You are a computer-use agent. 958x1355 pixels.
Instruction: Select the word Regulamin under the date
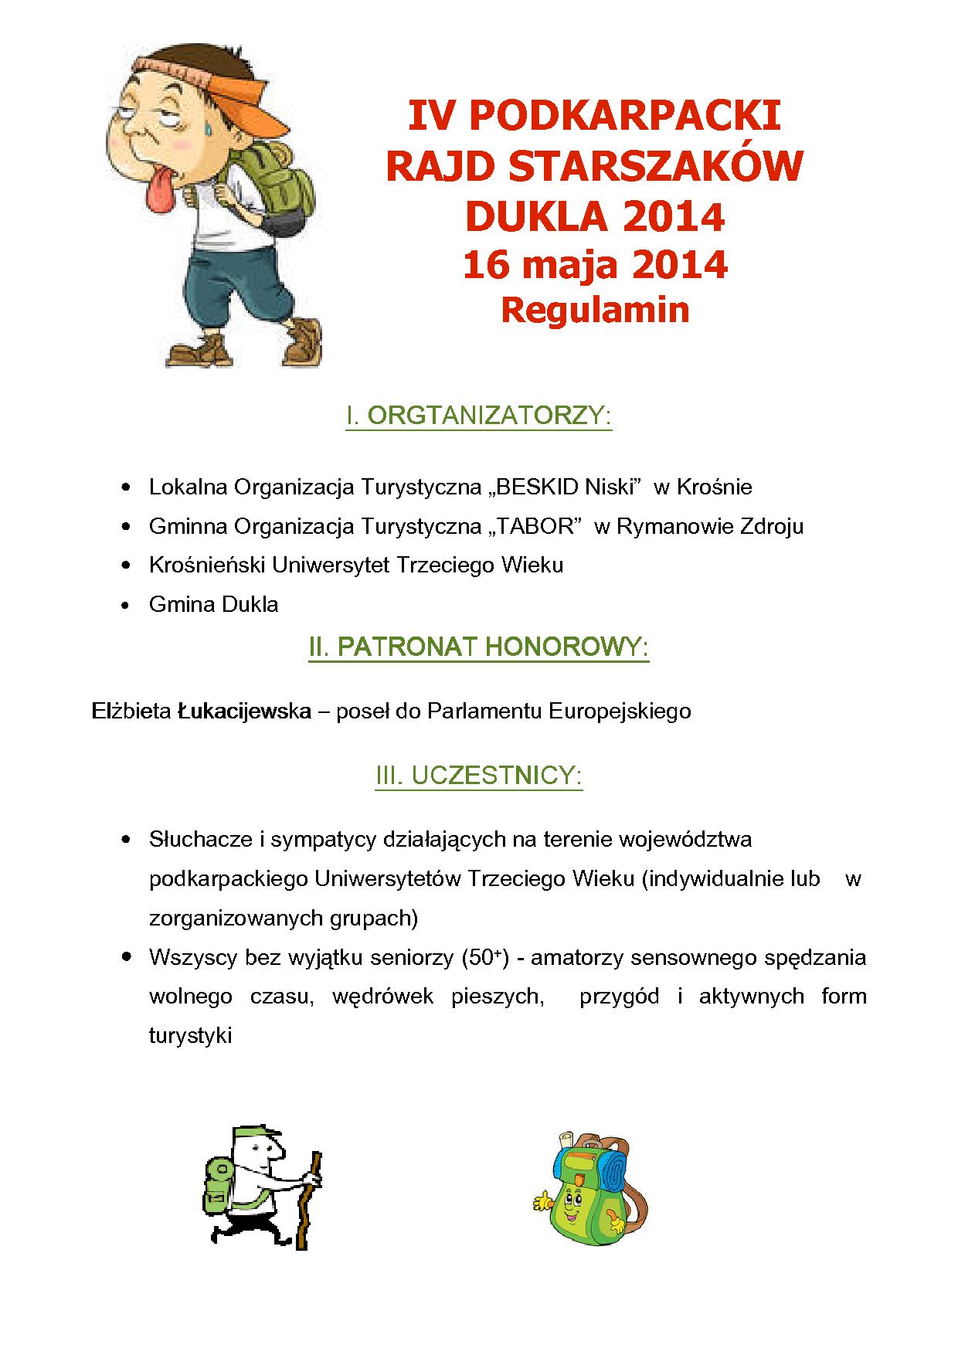pyautogui.click(x=595, y=310)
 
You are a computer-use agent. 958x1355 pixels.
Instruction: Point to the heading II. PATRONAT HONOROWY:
pyautogui.click(x=479, y=647)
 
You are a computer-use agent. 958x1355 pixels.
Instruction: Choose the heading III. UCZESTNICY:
pyautogui.click(x=479, y=776)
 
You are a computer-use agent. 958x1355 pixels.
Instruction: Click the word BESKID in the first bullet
pyautogui.click(x=540, y=487)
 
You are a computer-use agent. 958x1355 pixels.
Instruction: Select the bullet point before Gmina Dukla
pyautogui.click(x=125, y=606)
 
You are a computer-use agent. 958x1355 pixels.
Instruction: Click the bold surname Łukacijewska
pyautogui.click(x=244, y=711)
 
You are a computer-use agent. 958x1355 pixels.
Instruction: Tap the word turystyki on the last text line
pyautogui.click(x=190, y=1036)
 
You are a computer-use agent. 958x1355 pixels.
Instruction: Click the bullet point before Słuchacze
pyautogui.click(x=125, y=841)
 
